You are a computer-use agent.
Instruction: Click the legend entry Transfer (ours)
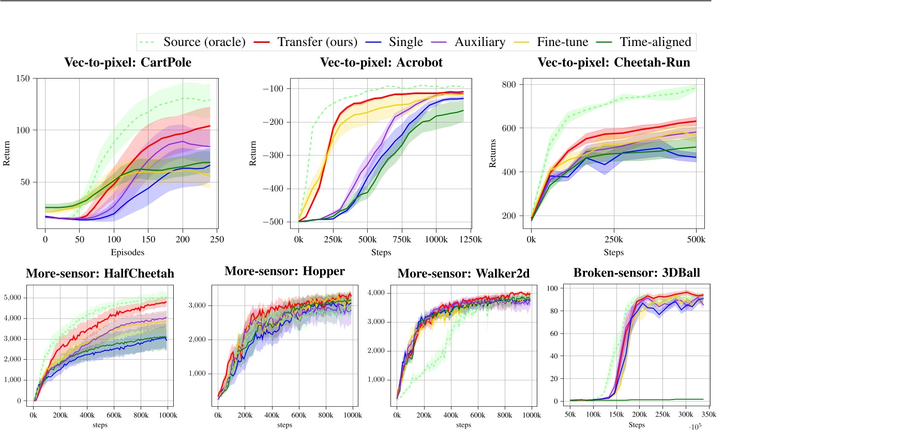[x=317, y=42]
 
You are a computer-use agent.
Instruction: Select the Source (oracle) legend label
[x=204, y=42]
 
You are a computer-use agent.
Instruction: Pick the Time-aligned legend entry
[x=655, y=42]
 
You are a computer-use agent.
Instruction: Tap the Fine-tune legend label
[x=562, y=42]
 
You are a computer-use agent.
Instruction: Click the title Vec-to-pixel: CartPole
[x=128, y=63]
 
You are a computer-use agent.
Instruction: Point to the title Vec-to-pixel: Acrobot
[x=381, y=63]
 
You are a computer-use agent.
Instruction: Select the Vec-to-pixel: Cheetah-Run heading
[x=614, y=63]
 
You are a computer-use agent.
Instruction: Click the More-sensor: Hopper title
[x=284, y=271]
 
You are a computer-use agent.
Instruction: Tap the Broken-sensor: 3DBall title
[x=637, y=273]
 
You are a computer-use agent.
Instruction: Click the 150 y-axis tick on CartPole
[x=23, y=79]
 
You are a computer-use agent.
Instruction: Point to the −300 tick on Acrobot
[x=273, y=155]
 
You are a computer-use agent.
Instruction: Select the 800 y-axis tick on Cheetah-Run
[x=509, y=85]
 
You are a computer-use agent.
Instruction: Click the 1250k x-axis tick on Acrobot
[x=471, y=239]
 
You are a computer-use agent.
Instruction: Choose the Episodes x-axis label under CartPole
[x=127, y=252]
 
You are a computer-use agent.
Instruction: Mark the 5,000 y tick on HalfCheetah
[x=12, y=298]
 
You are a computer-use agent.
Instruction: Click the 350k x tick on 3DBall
[x=708, y=414]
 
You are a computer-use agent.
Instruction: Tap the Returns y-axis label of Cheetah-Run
[x=492, y=153]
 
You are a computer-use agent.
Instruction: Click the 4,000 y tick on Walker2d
[x=376, y=293]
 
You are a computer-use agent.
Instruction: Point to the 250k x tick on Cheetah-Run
[x=613, y=239]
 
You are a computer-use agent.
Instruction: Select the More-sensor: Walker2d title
[x=463, y=273]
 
